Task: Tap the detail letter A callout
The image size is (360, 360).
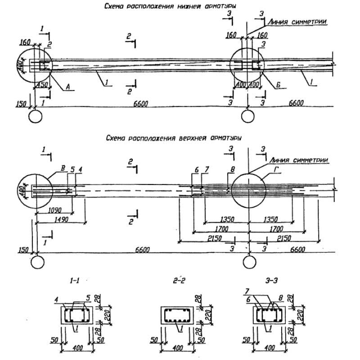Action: (x=70, y=89)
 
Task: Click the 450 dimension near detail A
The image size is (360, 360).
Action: (x=43, y=85)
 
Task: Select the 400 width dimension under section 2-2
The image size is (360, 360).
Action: (x=178, y=348)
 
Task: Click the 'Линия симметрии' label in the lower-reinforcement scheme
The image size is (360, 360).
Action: (x=297, y=21)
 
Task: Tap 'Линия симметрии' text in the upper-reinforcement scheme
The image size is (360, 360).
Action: (x=299, y=160)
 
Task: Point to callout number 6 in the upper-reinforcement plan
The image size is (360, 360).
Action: (x=197, y=169)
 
